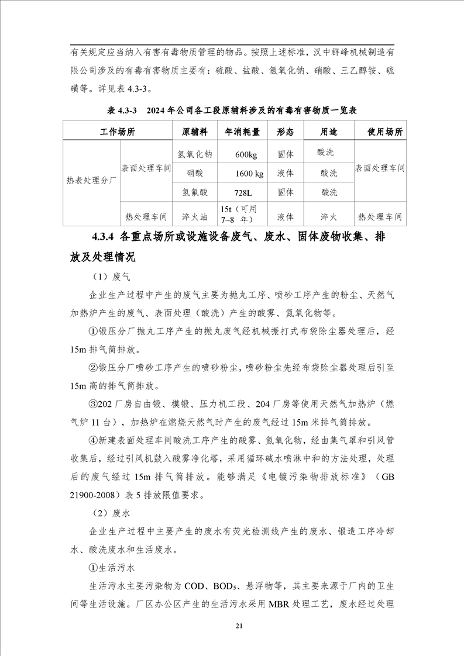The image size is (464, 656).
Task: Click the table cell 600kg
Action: tap(246, 155)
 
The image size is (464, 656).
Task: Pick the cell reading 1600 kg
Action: tap(249, 174)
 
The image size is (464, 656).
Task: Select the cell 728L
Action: tap(246, 192)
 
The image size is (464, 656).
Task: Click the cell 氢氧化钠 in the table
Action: tap(195, 155)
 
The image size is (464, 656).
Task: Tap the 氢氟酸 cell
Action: tap(195, 192)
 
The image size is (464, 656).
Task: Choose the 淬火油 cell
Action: tap(195, 216)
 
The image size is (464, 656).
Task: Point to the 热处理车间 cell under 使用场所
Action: tap(380, 216)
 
